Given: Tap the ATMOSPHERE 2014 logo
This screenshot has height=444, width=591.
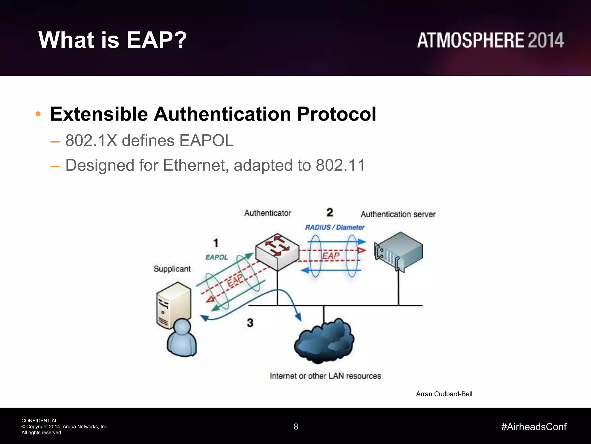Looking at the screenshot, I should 490,40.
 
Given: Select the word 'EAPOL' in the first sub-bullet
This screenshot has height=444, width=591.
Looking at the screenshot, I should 206,141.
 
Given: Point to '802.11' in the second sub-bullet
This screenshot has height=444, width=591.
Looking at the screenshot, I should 341,165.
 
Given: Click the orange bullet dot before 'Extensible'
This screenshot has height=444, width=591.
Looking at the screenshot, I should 38,114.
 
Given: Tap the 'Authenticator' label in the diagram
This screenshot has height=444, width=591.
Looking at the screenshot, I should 268,213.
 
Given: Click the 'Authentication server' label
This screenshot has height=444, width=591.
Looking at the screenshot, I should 398,214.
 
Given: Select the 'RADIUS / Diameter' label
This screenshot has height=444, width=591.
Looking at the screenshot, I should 335,227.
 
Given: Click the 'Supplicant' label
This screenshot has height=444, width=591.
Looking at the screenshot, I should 172,269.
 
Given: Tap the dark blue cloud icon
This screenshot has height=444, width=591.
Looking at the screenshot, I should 324,341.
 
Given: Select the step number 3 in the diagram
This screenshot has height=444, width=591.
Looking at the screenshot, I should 250,323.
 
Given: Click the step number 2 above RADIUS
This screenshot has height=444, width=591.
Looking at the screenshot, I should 330,212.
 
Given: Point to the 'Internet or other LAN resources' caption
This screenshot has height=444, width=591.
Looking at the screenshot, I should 325,376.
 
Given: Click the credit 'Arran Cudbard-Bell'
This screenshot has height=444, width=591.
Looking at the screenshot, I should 444,394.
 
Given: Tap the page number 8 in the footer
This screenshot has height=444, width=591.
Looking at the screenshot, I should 296,427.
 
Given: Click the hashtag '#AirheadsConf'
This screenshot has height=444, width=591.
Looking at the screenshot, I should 534,427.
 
